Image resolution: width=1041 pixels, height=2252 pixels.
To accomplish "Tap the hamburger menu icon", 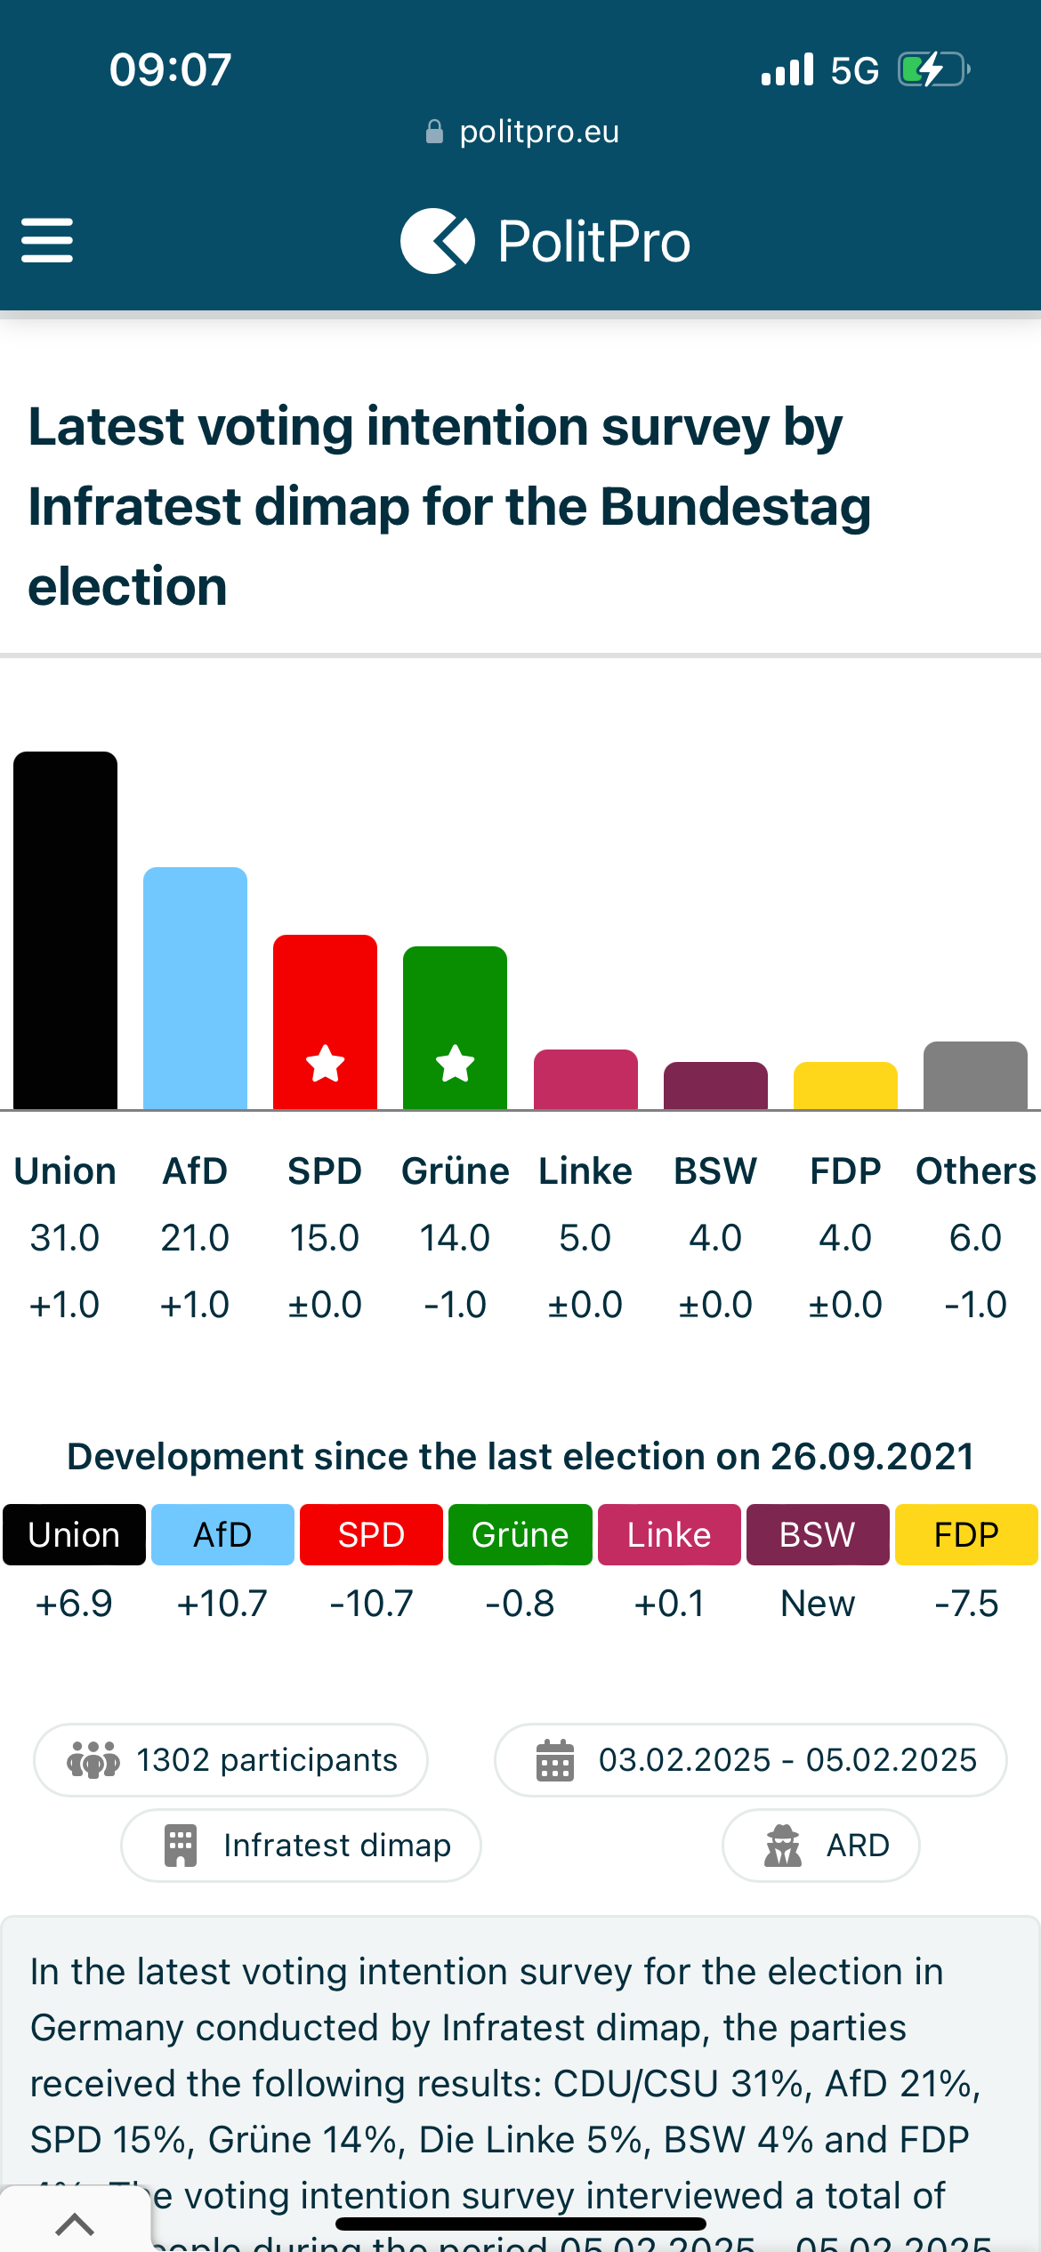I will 47,241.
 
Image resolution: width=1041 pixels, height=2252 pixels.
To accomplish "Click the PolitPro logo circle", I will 437,241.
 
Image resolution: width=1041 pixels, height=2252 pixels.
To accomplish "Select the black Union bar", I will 65,929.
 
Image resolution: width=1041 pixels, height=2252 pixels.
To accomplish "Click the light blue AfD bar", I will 195,987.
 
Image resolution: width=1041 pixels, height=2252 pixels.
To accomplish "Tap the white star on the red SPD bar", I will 325,1063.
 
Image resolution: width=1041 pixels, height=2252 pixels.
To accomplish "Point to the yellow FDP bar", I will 845,1086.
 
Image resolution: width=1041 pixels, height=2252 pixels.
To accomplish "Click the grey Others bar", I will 975,1075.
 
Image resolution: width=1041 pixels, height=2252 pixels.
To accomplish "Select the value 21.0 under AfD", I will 195,1238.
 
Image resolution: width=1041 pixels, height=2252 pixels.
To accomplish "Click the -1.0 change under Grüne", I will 455,1305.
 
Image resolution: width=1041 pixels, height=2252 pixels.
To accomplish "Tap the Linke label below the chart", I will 585,1171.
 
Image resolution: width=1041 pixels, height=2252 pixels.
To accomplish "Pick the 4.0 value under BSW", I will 715,1238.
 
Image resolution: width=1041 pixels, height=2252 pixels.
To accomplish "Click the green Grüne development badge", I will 520,1534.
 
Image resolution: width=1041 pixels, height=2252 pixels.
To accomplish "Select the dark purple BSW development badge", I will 818,1534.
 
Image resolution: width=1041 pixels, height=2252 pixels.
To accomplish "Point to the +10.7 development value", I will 222,1604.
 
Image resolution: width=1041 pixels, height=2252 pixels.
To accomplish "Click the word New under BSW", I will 818,1604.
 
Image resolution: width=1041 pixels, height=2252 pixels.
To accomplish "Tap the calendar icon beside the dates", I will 555,1760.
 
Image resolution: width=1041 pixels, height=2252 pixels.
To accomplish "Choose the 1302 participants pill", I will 231,1760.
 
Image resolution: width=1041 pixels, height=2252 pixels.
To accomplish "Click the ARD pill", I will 820,1846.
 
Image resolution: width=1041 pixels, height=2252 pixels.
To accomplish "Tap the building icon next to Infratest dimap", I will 181,1846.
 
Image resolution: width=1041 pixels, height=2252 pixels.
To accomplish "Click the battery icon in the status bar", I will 932,69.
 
